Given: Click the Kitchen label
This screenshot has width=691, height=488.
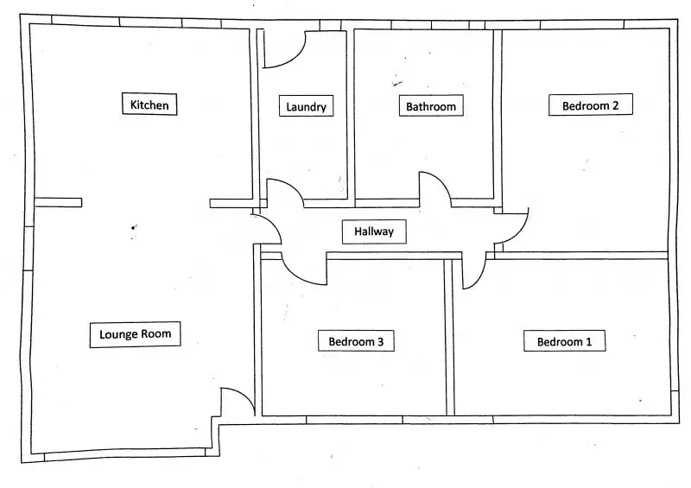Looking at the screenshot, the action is [149, 105].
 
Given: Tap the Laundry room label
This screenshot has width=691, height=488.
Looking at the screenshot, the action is [307, 106].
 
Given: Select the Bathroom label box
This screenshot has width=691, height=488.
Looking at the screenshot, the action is [431, 105].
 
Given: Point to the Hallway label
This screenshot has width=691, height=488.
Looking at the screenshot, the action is [374, 231].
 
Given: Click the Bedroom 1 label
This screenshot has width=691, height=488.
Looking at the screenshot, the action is [565, 341].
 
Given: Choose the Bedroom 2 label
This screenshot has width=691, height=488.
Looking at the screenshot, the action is [591, 105].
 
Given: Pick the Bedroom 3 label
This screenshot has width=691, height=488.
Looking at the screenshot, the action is [356, 341].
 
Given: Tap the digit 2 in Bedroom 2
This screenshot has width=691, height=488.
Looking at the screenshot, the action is [615, 105].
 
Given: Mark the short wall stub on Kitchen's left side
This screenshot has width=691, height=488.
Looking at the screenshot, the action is [58, 202].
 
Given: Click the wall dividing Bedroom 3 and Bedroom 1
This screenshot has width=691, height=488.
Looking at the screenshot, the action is [450, 337].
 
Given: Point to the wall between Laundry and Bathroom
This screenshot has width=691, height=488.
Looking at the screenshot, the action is [351, 115].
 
